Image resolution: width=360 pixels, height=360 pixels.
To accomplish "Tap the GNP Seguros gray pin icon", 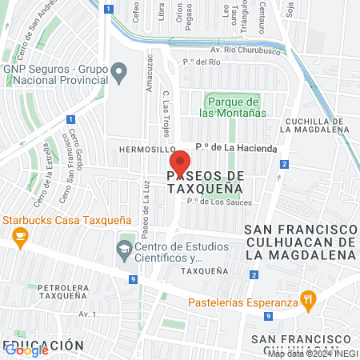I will click(119, 74).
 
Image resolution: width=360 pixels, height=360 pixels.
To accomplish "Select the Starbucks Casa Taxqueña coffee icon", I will click(19, 236).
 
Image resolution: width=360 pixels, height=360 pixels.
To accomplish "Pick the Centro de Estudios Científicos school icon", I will click(124, 250).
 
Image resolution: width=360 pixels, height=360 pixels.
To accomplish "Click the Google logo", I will click(26, 350).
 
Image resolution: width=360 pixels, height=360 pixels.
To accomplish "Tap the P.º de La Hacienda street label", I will click(237, 148).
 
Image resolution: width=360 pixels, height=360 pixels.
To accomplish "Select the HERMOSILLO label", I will click(146, 149).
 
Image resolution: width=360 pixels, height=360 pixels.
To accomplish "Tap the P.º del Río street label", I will click(202, 62).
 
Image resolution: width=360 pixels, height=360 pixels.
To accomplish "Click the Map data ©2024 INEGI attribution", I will click(312, 353).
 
